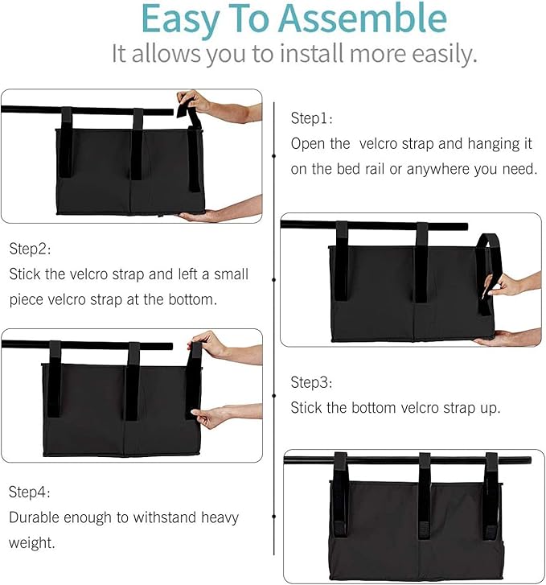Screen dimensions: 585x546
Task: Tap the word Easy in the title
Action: click(x=179, y=19)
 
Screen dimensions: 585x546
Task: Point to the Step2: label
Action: click(x=31, y=249)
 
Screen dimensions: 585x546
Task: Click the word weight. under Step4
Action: click(x=31, y=543)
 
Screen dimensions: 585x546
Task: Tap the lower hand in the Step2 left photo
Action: click(x=211, y=417)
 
